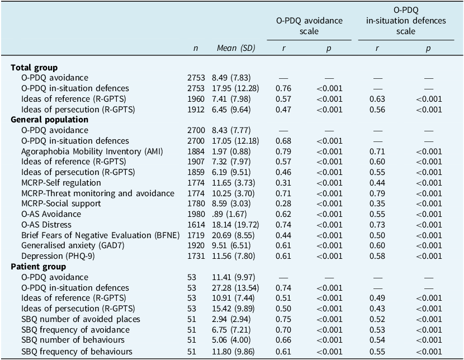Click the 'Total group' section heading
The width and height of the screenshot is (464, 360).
(34, 68)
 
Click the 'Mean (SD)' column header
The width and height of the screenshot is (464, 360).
(235, 49)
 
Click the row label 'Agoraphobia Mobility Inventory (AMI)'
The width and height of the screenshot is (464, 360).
(92, 151)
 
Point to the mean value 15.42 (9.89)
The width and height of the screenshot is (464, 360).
(235, 309)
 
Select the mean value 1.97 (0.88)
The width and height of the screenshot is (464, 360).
(233, 151)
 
